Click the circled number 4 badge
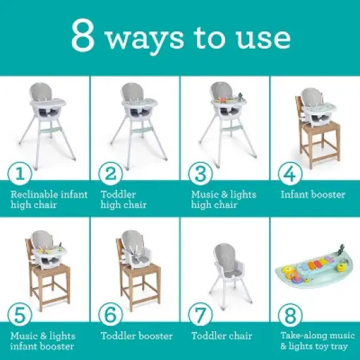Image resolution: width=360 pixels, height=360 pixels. click(289, 173)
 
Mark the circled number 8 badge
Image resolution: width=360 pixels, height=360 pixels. click(289, 315)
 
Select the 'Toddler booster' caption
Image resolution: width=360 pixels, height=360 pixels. click(137, 336)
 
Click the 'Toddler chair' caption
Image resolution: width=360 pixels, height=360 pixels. click(221, 336)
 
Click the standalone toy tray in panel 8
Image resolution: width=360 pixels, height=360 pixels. click(314, 272)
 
